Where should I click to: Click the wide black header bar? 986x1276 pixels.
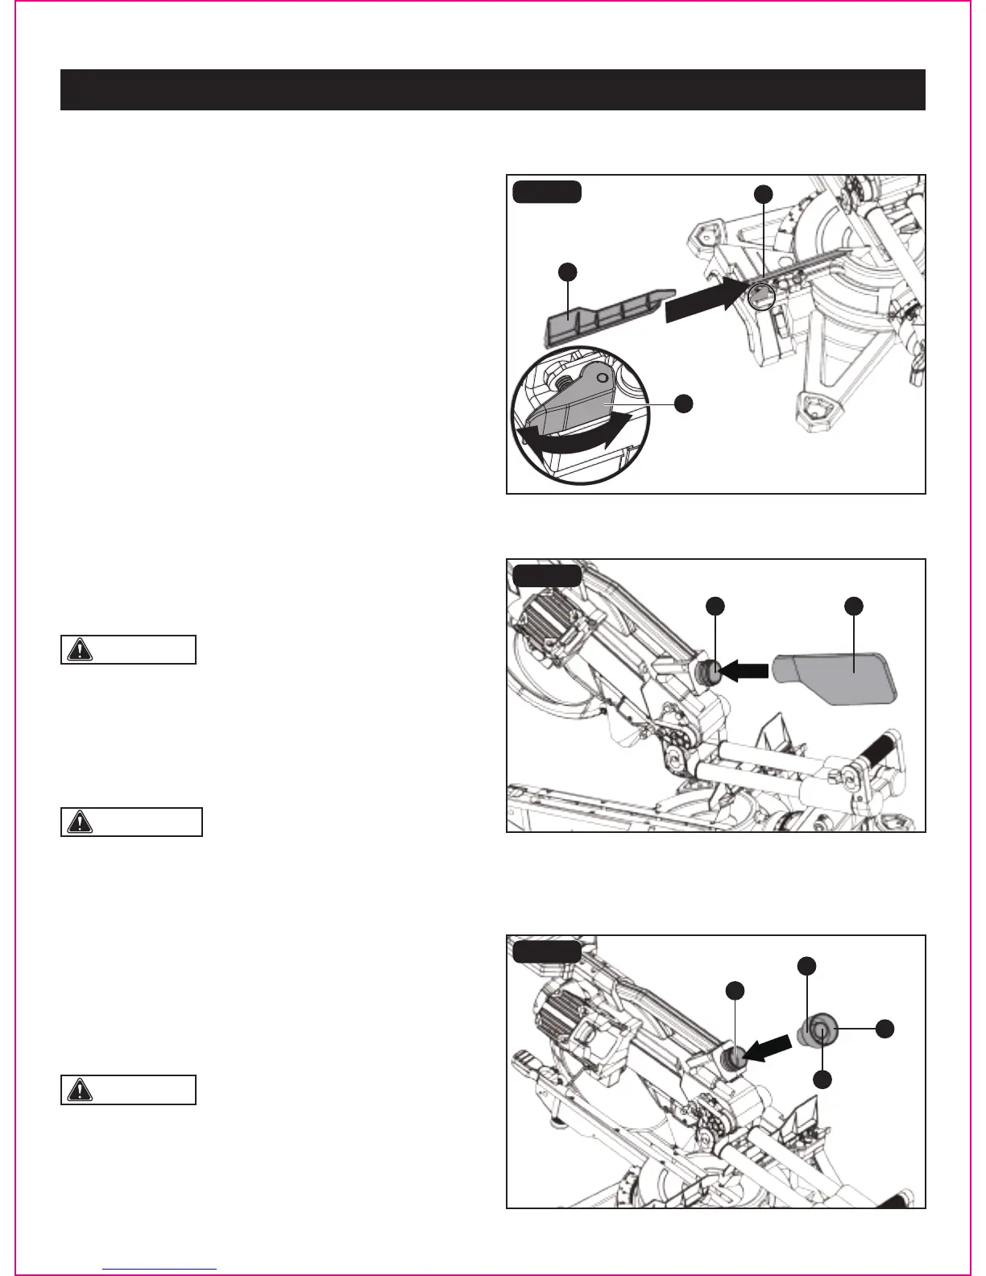pyautogui.click(x=492, y=89)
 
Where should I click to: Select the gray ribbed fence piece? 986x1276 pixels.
pyautogui.click(x=596, y=315)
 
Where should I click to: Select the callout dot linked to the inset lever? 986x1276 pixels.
pyautogui.click(x=683, y=404)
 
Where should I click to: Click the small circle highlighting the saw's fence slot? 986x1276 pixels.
pyautogui.click(x=761, y=296)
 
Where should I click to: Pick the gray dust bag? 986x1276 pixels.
pyautogui.click(x=834, y=677)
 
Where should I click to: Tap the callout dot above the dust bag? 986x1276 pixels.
pyautogui.click(x=854, y=605)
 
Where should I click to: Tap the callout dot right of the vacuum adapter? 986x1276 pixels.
pyautogui.click(x=884, y=1028)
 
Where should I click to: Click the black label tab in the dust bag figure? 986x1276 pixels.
pyautogui.click(x=547, y=576)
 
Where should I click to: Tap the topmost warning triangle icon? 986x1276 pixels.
pyautogui.click(x=80, y=649)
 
